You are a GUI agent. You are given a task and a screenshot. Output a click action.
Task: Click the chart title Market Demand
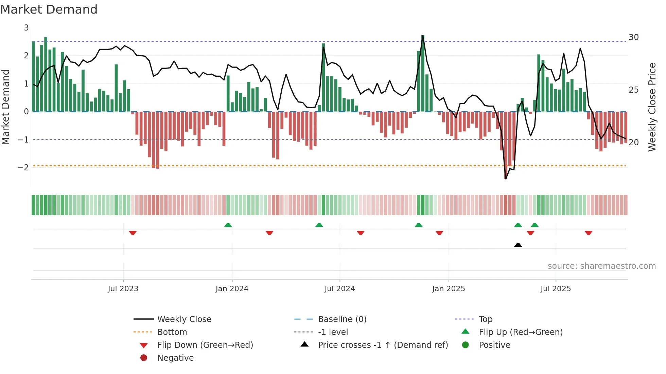(49, 10)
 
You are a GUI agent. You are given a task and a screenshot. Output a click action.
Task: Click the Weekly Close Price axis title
(652, 107)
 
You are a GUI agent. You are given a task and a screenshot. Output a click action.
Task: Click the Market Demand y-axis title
(5, 107)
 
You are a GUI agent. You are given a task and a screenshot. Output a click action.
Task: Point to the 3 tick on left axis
(26, 28)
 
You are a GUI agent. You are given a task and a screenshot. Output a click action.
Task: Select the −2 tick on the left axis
(23, 167)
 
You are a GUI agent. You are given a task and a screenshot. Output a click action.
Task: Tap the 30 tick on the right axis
(633, 37)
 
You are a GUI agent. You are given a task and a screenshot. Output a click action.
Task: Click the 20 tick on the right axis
(633, 143)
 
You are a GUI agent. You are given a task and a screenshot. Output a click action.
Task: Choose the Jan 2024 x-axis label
(232, 289)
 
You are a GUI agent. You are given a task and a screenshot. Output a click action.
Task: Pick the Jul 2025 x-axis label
(556, 289)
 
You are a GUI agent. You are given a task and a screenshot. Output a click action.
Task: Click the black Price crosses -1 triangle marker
(518, 245)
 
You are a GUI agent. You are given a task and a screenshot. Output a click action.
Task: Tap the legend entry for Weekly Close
(184, 319)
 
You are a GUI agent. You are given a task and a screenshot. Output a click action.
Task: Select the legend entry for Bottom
(172, 332)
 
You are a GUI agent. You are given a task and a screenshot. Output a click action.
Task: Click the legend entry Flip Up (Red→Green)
(521, 332)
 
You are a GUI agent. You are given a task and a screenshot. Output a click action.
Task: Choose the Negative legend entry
(175, 358)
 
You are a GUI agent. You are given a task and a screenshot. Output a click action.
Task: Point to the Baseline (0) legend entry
(342, 319)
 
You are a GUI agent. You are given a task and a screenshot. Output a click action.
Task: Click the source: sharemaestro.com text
(601, 266)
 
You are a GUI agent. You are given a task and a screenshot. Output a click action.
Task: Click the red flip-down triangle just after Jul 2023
(133, 233)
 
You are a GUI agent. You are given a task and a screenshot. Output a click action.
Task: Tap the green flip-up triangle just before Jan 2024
(228, 225)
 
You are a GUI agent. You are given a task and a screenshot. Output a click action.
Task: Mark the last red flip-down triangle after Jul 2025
(589, 233)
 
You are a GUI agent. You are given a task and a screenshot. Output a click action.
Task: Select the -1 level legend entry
(333, 332)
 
